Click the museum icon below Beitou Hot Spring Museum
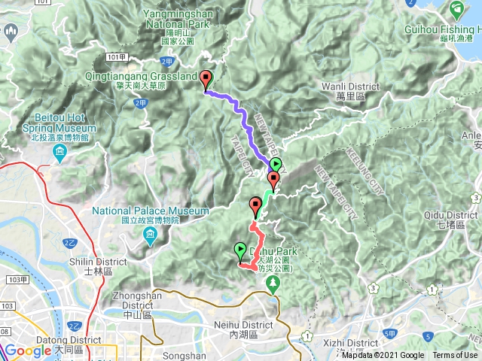click(59, 154)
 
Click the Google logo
click(28, 351)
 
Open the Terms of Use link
click(455, 356)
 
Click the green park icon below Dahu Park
click(273, 284)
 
